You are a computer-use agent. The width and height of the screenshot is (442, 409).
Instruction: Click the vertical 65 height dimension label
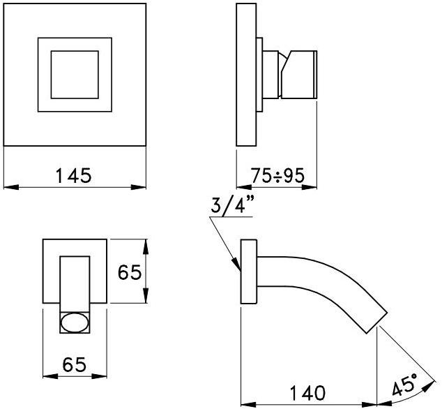130,272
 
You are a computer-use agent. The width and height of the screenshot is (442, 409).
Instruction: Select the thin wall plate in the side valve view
246,75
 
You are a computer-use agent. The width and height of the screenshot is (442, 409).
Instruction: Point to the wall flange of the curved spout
249,272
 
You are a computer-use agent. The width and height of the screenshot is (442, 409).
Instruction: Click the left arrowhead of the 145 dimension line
7,186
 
